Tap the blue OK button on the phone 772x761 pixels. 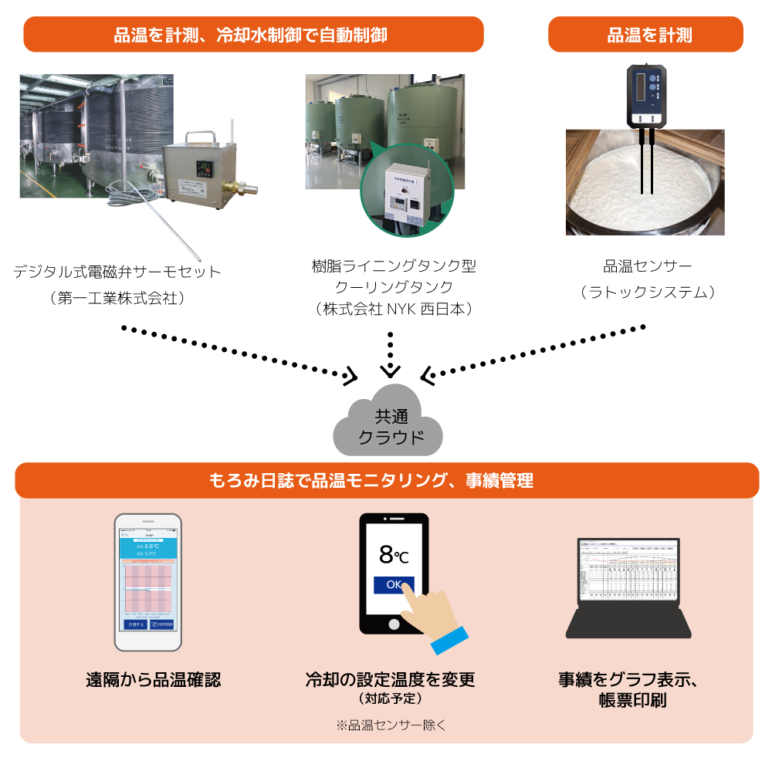click(394, 584)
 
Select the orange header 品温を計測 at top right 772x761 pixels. click(645, 35)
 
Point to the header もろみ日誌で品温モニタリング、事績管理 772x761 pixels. click(386, 481)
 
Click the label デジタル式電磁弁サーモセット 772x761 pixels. click(117, 272)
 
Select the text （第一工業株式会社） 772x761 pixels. click(117, 299)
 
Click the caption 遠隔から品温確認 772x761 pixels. click(153, 680)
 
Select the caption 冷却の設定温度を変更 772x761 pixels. click(390, 680)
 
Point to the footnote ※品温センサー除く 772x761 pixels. click(391, 725)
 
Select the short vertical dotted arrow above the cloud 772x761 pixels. click(391, 351)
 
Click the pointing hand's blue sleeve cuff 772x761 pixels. click(449, 639)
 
